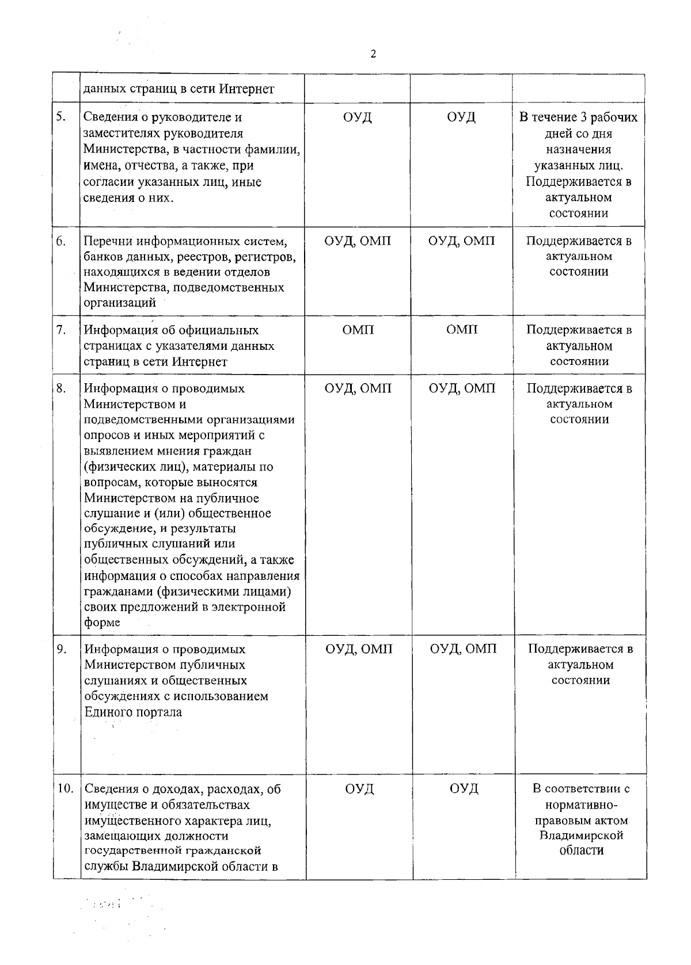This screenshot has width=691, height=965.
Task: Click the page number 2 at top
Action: [373, 54]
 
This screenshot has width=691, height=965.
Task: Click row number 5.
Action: [60, 117]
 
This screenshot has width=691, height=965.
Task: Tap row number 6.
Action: [61, 241]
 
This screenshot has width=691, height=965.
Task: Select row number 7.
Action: [61, 330]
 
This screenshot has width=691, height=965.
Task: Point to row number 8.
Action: [61, 388]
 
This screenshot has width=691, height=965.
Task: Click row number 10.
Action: [64, 788]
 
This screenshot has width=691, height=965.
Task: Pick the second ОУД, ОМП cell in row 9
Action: [463, 649]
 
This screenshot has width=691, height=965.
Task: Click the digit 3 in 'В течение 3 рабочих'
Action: [583, 117]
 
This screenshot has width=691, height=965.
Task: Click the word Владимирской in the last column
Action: [581, 835]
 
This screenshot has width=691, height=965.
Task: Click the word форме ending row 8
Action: [102, 623]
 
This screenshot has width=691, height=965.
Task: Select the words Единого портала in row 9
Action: [133, 712]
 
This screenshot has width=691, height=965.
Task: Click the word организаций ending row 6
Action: [120, 303]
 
